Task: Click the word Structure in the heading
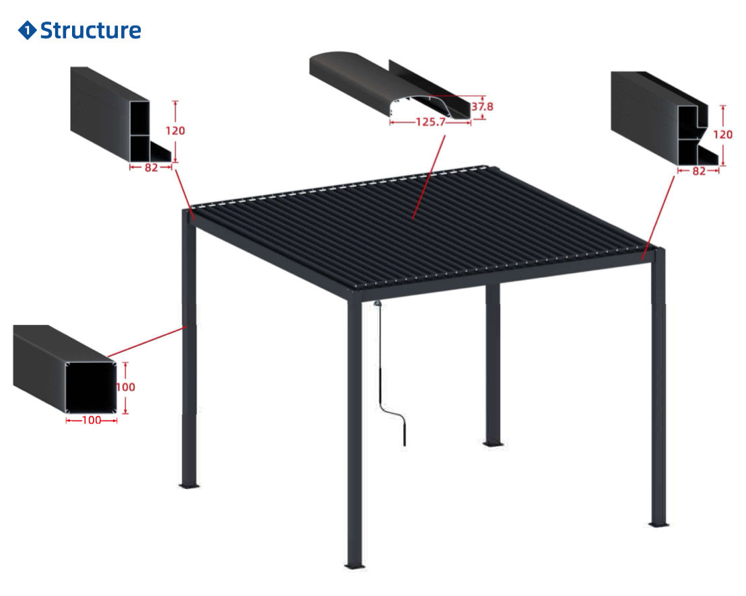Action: (x=90, y=30)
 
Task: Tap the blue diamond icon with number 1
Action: (x=27, y=30)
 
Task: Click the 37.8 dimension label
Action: (x=482, y=106)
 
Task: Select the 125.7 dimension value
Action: (x=431, y=122)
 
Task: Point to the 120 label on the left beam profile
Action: (x=175, y=131)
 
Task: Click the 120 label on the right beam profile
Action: (x=722, y=135)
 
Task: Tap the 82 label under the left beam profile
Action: (x=151, y=167)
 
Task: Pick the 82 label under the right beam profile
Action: (x=699, y=171)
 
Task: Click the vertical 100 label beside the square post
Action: (x=126, y=387)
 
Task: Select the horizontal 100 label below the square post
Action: (x=92, y=420)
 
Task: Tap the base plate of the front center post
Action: (x=354, y=566)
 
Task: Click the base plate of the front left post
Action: (x=189, y=486)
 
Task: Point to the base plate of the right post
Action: (x=659, y=525)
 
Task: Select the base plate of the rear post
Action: (x=494, y=444)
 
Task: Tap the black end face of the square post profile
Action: (x=91, y=388)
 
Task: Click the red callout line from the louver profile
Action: (x=429, y=177)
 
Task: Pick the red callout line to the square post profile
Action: (x=147, y=342)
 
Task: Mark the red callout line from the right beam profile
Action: (x=658, y=217)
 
